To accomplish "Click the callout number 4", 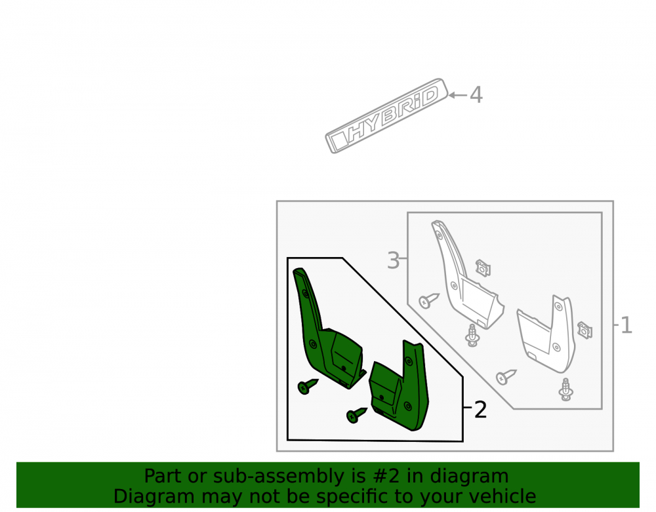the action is tap(476, 95).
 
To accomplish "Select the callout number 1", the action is tap(626, 325).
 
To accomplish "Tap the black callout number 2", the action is tap(480, 409).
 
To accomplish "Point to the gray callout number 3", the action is tap(393, 260).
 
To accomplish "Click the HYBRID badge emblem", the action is tap(386, 115).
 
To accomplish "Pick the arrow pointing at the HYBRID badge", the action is tap(458, 95).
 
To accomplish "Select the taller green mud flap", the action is tap(327, 328).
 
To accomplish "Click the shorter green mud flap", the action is tap(400, 385).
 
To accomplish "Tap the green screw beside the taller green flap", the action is tap(308, 386).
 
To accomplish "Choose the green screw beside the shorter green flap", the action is tap(356, 414).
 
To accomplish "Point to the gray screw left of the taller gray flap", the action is tap(429, 300).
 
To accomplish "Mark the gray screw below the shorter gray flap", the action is tap(506, 377).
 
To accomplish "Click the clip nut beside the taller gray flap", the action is tap(483, 268).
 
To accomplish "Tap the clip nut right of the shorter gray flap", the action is tap(584, 330).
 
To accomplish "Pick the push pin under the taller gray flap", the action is tap(472, 335).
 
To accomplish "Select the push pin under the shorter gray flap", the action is tap(565, 389).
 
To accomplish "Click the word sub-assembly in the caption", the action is tap(274, 476).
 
